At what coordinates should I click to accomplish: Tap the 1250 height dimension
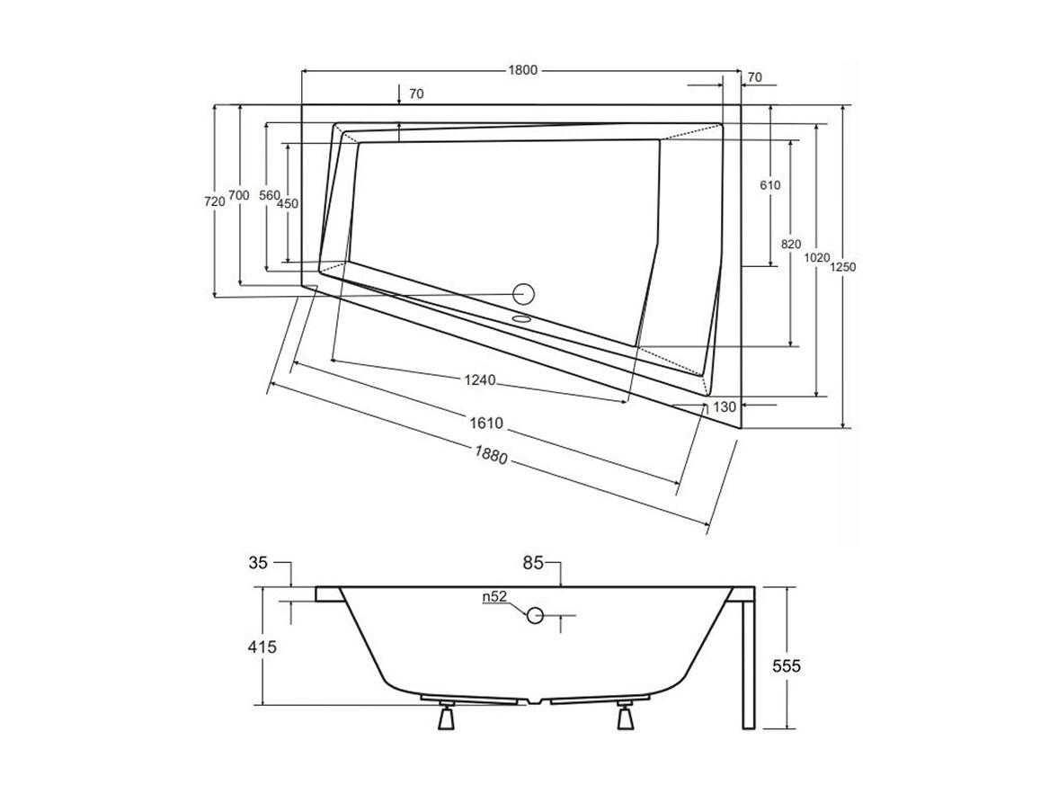click(842, 268)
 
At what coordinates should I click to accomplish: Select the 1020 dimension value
click(816, 258)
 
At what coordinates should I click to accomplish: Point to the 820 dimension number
click(790, 244)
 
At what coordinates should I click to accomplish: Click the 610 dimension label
click(769, 185)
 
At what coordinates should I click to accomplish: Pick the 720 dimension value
click(215, 202)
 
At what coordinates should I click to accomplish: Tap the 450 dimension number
click(287, 204)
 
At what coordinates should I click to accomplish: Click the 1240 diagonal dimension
click(480, 380)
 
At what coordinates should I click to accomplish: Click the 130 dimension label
click(725, 406)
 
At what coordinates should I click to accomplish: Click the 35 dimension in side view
click(259, 565)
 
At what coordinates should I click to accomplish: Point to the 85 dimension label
click(534, 565)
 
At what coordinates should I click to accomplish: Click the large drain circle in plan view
click(523, 293)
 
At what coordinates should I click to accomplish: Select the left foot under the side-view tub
click(446, 718)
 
